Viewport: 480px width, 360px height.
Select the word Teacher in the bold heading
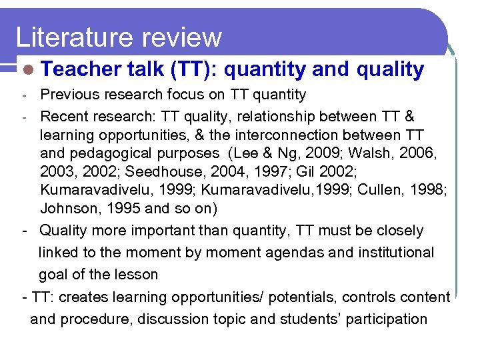78,69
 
